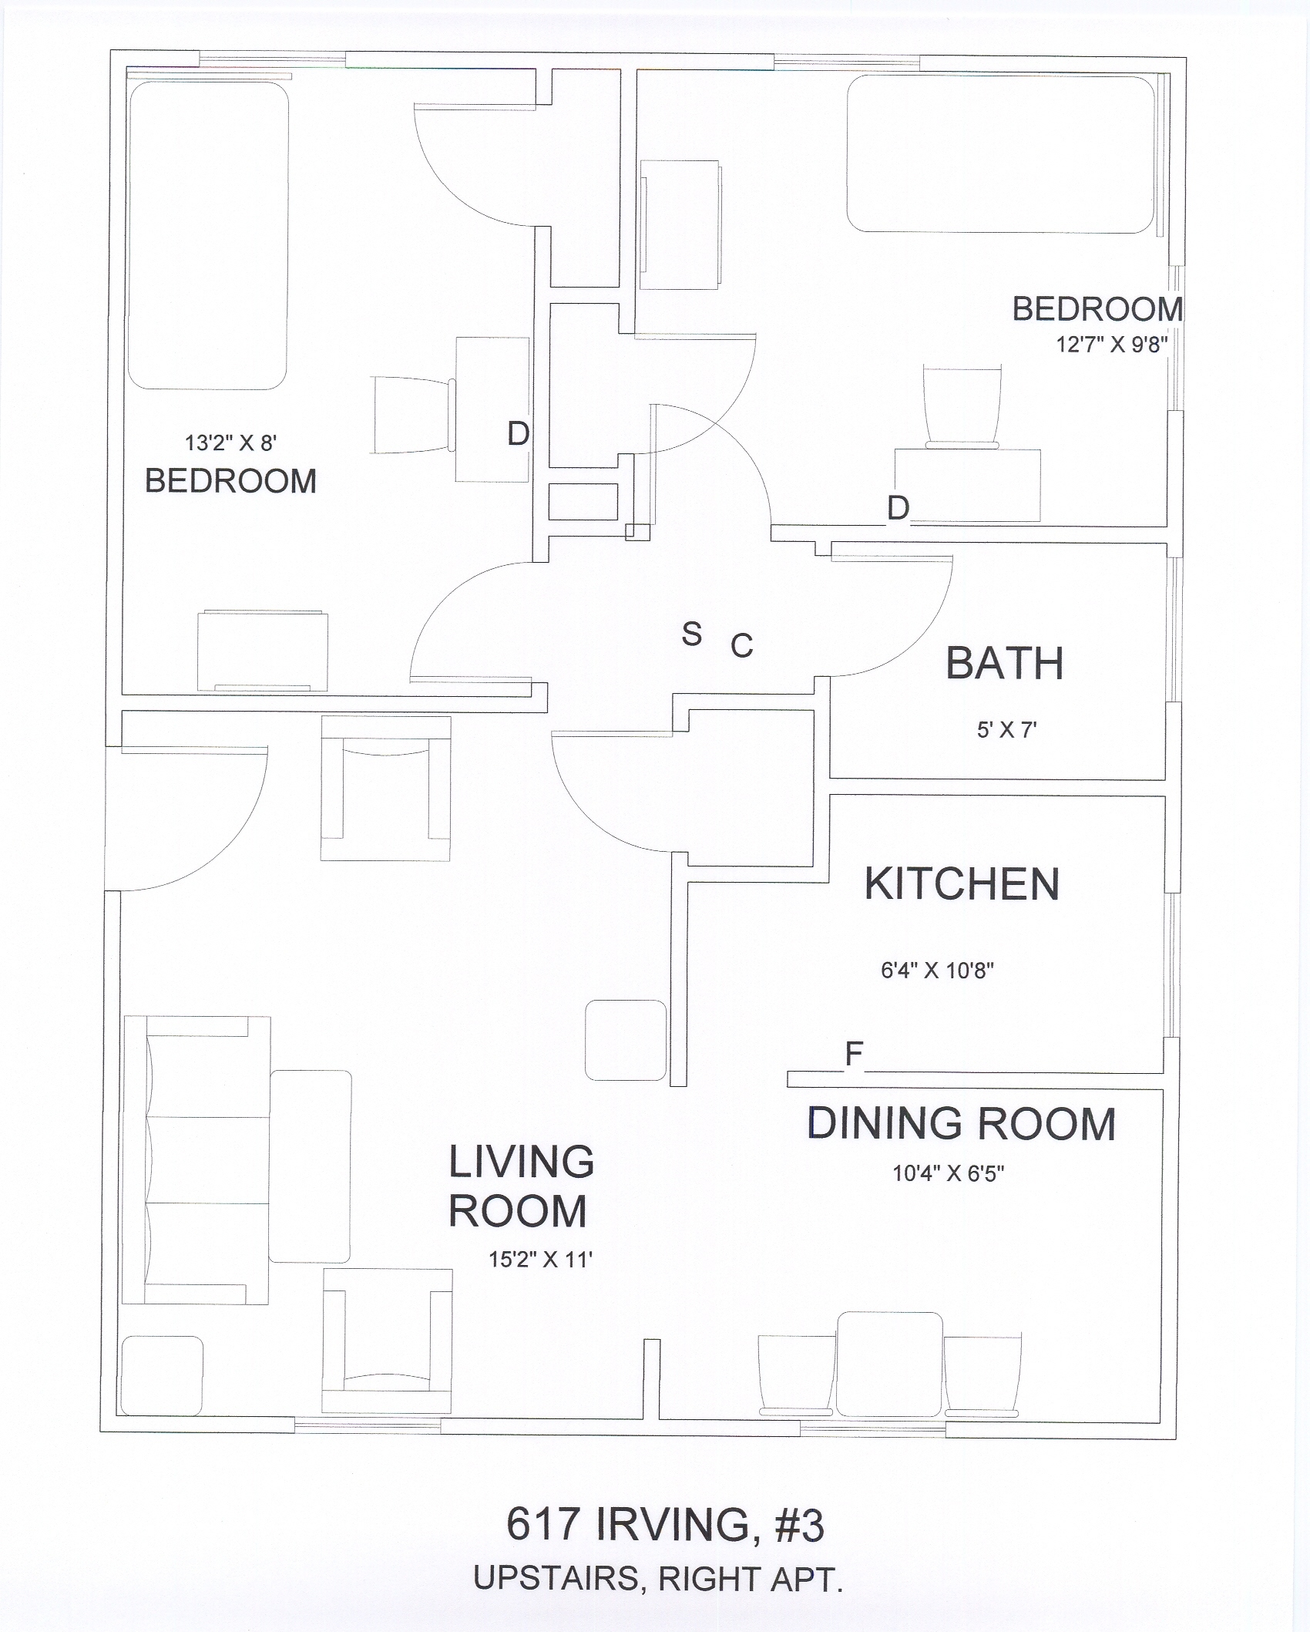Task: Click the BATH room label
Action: tap(1004, 663)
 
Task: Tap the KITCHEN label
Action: tap(962, 883)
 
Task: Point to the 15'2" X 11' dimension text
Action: tap(539, 1259)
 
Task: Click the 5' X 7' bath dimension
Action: tap(1006, 729)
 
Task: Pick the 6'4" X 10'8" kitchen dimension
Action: tap(937, 970)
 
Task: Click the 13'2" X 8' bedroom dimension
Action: tap(230, 442)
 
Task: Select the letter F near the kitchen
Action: tap(853, 1054)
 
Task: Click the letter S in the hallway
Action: tap(691, 634)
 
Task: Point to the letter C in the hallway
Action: tap(741, 646)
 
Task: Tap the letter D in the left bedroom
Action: tap(518, 434)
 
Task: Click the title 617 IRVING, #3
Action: tap(665, 1524)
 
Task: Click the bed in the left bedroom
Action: tap(208, 235)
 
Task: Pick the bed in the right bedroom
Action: tap(1001, 153)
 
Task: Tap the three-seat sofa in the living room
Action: tap(196, 1159)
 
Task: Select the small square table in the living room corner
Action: tap(163, 1375)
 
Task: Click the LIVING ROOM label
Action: tap(521, 1186)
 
